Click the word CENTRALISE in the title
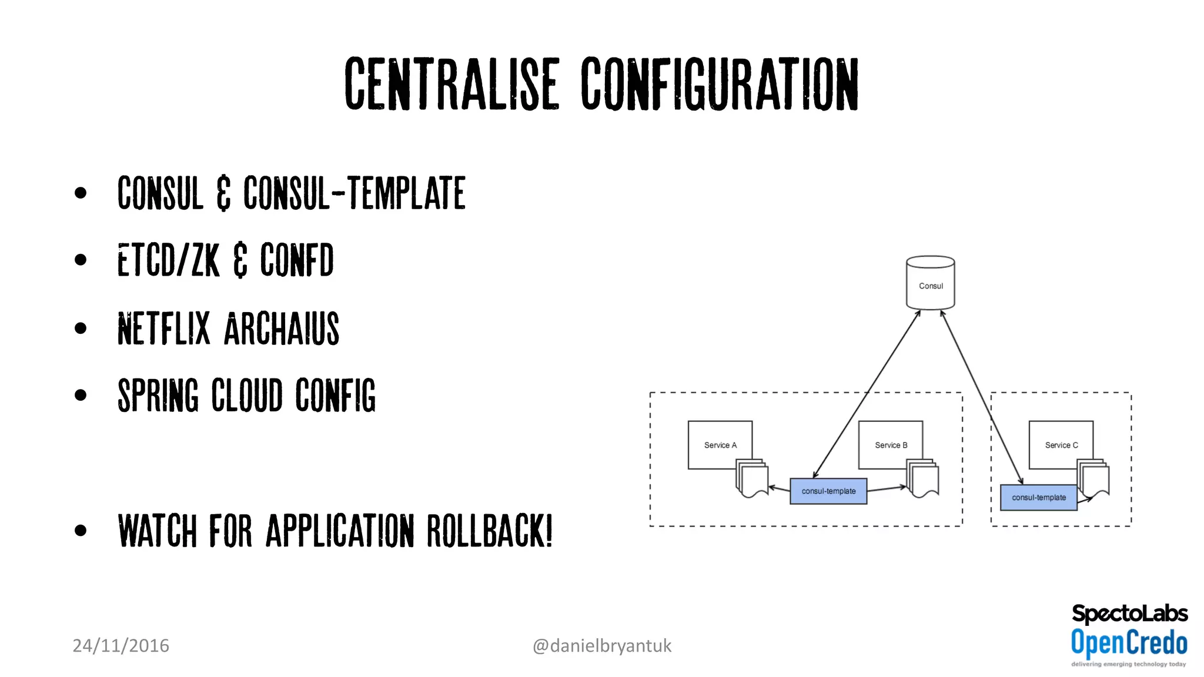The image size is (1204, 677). coord(451,84)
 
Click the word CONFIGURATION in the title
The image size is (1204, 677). coord(720,84)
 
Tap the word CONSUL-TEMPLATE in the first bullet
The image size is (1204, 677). coord(354,193)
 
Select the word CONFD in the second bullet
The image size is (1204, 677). coord(297,260)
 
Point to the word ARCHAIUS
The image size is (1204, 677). coord(282,329)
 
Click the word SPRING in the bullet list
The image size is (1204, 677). coord(158,396)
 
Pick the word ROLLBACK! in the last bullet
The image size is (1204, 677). coord(490,531)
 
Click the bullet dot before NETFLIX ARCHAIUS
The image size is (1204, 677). coord(81,328)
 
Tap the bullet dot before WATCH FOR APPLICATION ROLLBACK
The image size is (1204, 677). coord(81,531)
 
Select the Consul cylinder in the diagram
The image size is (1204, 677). coord(930,283)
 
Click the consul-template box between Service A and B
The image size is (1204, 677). coord(828,491)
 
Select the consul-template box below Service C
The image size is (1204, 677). coord(1038,498)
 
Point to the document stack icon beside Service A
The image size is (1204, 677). coord(752,478)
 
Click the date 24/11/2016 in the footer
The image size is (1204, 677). coord(121,646)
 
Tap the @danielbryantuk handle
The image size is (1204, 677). coord(601,646)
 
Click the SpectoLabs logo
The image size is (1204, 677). coord(1129,614)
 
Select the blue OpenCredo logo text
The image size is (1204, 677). coord(1129,642)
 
